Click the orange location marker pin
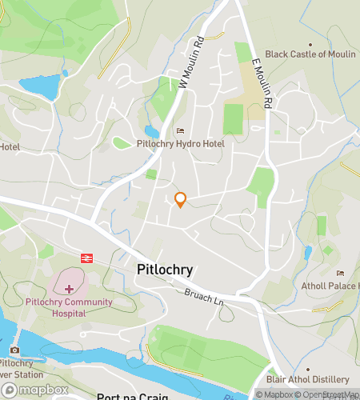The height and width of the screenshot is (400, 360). pyautogui.click(x=181, y=200)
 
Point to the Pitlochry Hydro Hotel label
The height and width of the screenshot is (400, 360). pyautogui.click(x=180, y=143)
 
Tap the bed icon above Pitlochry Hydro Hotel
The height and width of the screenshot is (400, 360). pyautogui.click(x=180, y=130)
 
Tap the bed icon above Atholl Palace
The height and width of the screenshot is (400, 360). pyautogui.click(x=341, y=273)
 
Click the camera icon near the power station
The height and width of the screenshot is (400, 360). pyautogui.click(x=14, y=350)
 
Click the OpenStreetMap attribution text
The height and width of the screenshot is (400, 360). pyautogui.click(x=328, y=394)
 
